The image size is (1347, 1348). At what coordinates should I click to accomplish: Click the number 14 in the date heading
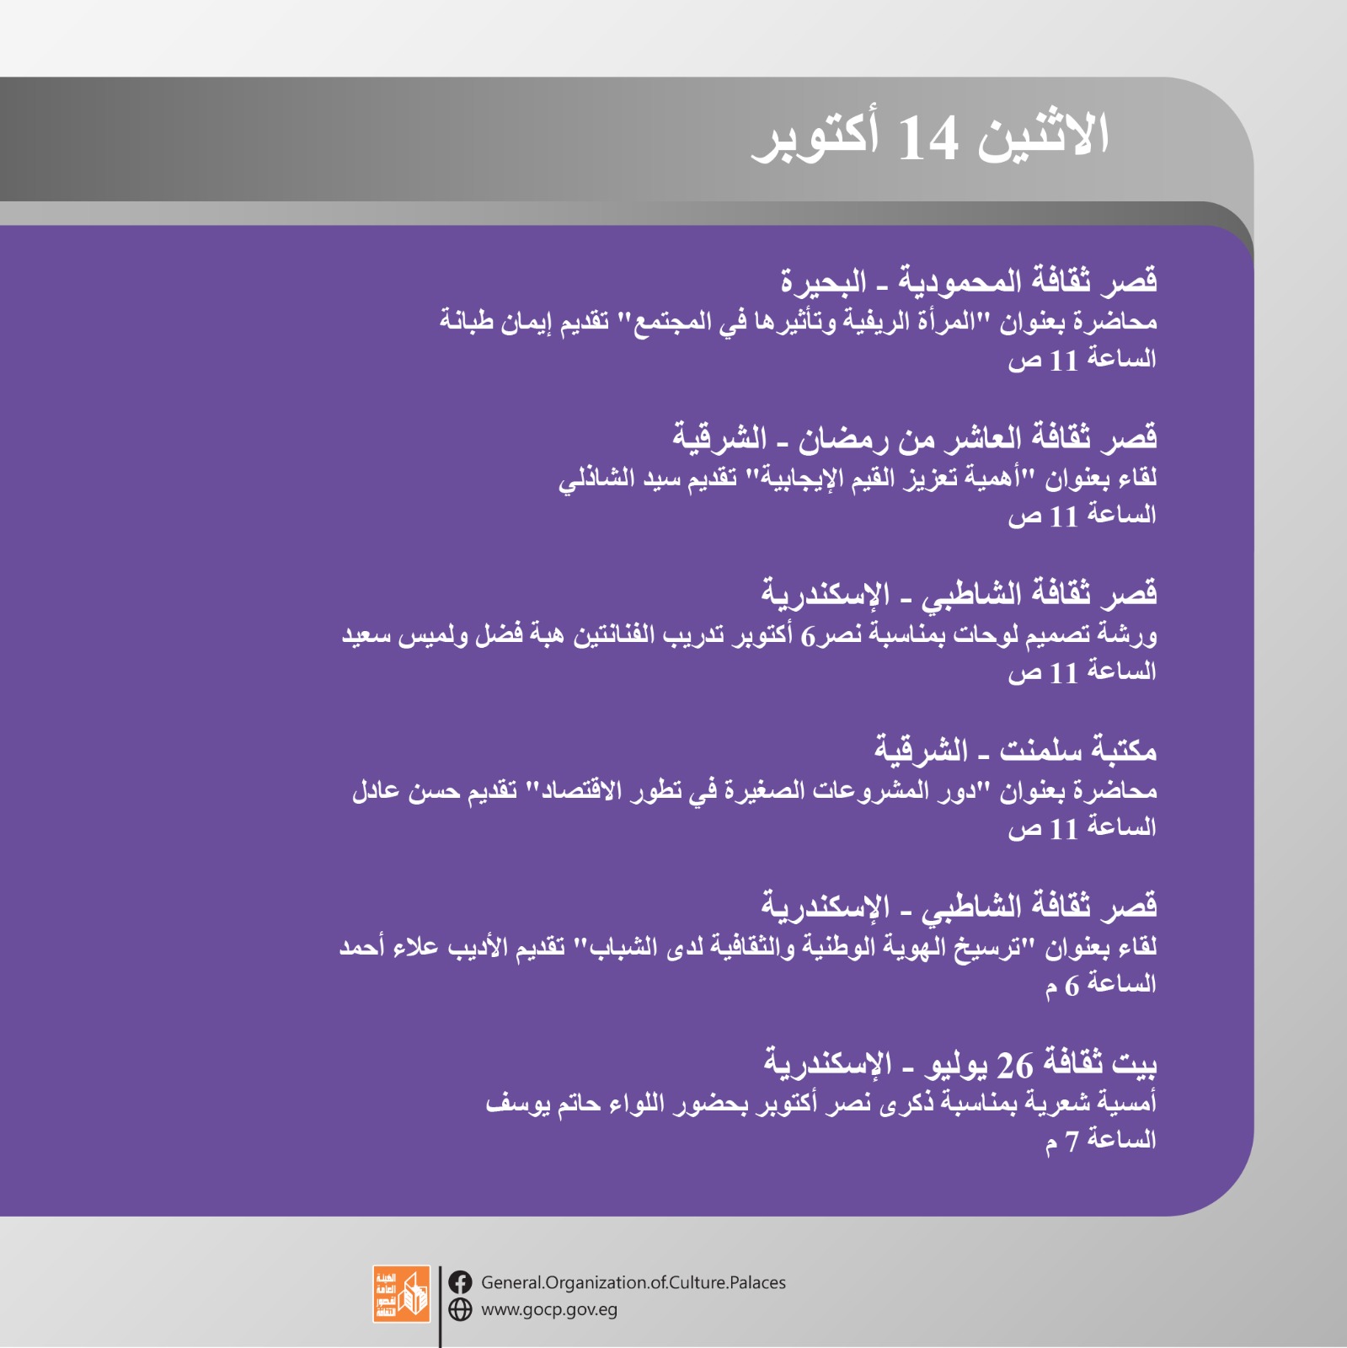927,138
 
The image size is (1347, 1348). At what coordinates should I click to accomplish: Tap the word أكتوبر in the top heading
815,136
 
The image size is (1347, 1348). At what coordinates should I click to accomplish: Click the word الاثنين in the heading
1044,134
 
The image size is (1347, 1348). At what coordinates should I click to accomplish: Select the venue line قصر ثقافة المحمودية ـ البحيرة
969,280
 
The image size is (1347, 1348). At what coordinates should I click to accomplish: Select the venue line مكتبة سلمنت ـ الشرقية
1015,749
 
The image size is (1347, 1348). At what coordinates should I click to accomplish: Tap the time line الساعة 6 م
1101,983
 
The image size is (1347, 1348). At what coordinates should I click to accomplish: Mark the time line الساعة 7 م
1101,1140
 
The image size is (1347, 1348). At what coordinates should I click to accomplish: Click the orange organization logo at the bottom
402,1293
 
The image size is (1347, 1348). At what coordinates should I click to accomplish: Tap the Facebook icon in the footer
460,1282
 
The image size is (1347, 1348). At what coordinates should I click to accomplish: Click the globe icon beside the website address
460,1309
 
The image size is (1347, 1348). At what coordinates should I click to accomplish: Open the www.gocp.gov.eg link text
549,1310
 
